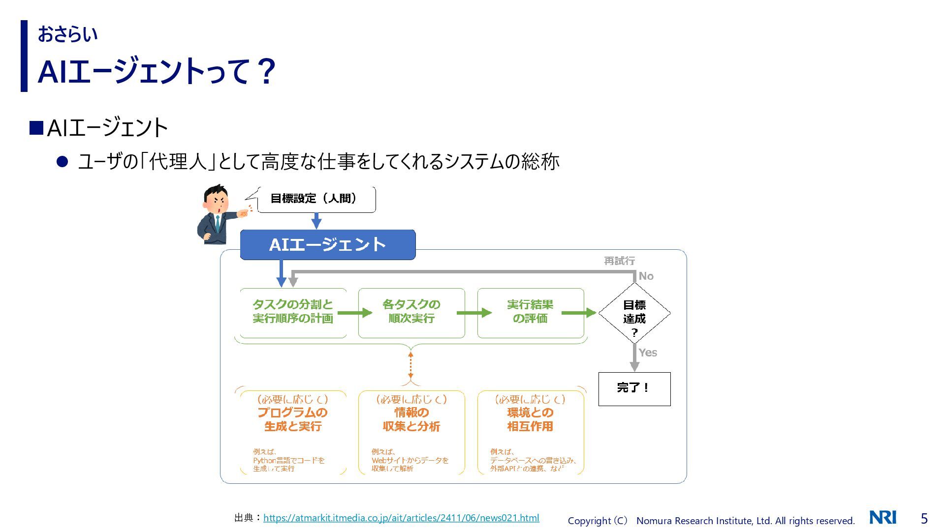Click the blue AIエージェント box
(x=327, y=244)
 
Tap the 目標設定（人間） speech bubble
(x=316, y=199)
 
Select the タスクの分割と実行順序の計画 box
(x=293, y=312)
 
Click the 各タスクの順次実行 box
(x=411, y=312)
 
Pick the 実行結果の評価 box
(x=530, y=312)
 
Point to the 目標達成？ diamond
(x=634, y=313)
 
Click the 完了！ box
(x=634, y=388)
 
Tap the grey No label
(x=646, y=276)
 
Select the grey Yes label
(x=648, y=353)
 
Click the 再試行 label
(x=619, y=261)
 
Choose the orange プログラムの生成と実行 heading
(x=293, y=419)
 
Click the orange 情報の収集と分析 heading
(x=411, y=419)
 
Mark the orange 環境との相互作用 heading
(x=530, y=419)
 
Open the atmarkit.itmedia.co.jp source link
(x=401, y=518)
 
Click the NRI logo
(x=882, y=517)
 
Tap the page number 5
(x=924, y=518)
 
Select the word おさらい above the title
(x=68, y=34)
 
